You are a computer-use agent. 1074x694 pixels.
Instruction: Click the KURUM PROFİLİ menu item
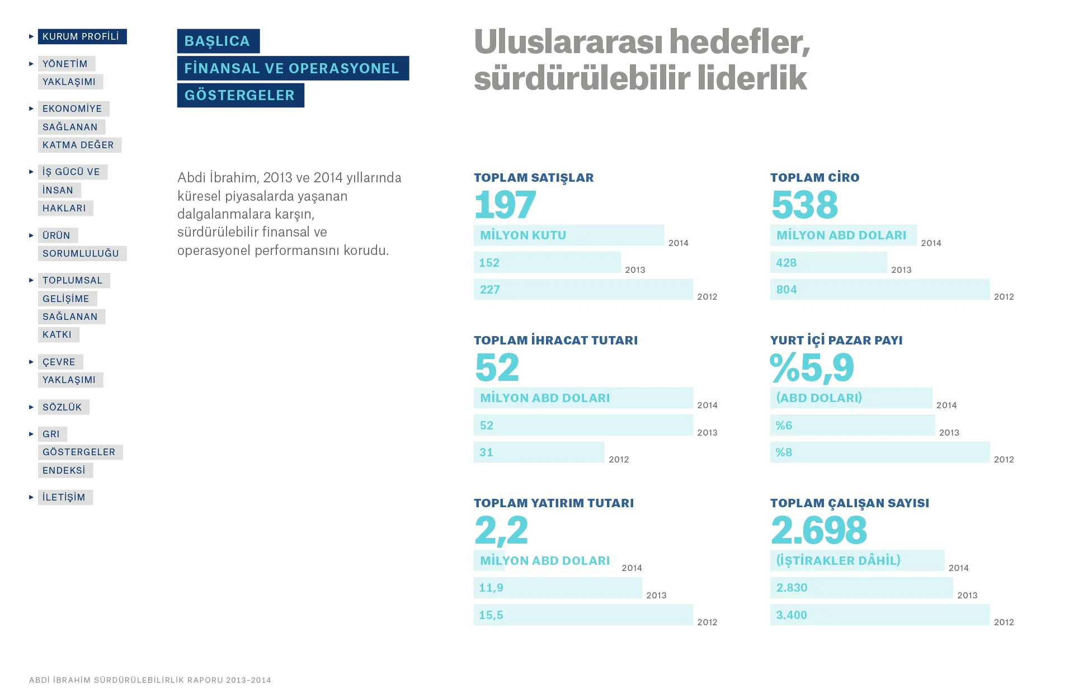[x=82, y=37]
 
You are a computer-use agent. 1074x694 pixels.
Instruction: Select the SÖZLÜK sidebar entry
[x=63, y=407]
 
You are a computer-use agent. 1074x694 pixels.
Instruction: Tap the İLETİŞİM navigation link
[x=64, y=497]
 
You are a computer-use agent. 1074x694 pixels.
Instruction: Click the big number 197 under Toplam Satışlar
[x=505, y=205]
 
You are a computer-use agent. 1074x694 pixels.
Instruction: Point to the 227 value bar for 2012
[x=583, y=290]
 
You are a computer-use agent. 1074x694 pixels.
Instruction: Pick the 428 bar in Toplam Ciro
[x=828, y=263]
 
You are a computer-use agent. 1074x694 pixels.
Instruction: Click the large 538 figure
[x=804, y=205]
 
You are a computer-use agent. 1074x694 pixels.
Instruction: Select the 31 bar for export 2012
[x=539, y=452]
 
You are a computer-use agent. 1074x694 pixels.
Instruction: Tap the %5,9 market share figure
[x=812, y=368]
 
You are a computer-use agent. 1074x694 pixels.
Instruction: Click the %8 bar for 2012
[x=879, y=452]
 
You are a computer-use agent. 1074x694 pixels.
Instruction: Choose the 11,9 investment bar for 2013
[x=557, y=588]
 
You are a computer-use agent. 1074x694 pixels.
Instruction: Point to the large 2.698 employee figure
[x=819, y=530]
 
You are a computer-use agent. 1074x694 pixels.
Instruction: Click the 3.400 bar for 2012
[x=879, y=615]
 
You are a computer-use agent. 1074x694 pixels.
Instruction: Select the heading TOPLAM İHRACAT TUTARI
[x=555, y=340]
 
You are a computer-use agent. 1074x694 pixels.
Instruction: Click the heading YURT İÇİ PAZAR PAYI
[x=836, y=340]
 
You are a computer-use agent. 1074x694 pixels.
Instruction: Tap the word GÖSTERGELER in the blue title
[x=240, y=96]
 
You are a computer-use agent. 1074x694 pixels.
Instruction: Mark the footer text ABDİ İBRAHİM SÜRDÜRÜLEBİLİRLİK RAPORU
[x=150, y=680]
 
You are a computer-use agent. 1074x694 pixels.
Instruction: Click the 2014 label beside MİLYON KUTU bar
[x=678, y=243]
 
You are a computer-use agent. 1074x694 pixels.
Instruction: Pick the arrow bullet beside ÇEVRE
[x=31, y=362]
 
